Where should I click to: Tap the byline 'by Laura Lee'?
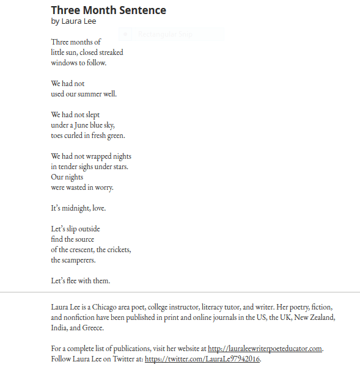73,21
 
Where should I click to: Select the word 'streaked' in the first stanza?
111,52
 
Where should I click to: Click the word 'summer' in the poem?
92,94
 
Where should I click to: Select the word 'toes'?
57,136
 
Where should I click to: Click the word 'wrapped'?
99,156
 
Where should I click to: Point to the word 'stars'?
119,167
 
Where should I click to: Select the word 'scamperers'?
79,260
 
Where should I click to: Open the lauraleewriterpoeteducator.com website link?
265,349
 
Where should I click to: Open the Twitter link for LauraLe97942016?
203,359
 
